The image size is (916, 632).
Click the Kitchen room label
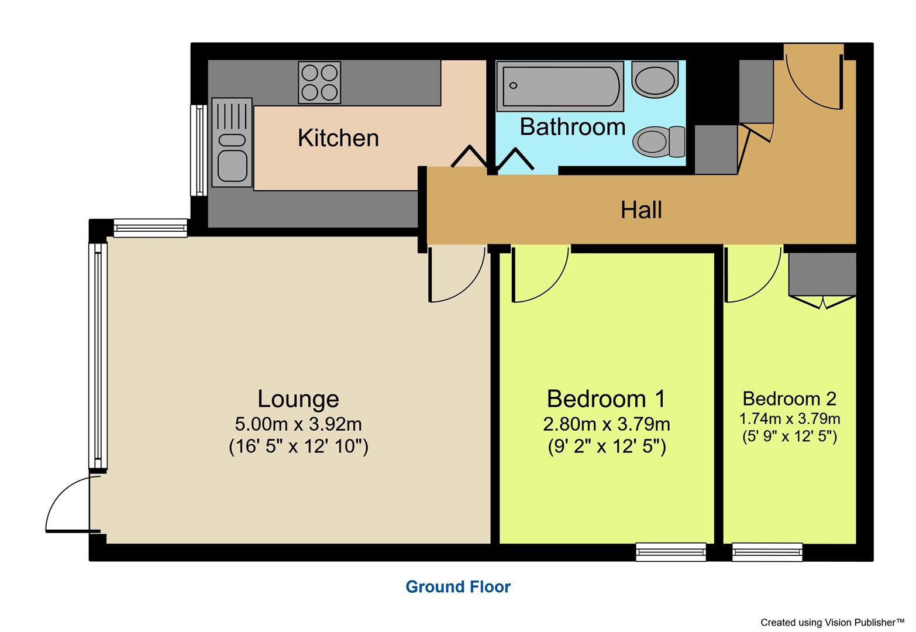(338, 138)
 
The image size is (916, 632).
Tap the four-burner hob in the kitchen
(319, 83)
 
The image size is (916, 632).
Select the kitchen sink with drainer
(232, 142)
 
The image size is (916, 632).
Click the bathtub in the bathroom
(560, 86)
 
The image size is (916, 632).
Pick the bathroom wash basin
(655, 80)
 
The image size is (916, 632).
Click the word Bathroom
(572, 127)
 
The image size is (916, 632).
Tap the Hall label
(641, 209)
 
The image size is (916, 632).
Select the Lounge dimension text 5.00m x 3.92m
(298, 423)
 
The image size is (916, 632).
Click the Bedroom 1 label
(606, 399)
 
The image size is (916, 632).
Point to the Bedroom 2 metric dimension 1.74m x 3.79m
(790, 419)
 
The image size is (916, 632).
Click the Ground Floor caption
(458, 587)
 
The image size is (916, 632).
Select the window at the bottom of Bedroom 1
(670, 552)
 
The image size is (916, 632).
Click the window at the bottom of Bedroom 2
(767, 552)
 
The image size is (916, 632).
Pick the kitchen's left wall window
(199, 150)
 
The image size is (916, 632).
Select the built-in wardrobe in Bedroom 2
(822, 274)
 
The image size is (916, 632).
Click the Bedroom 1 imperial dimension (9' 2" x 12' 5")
(607, 447)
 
